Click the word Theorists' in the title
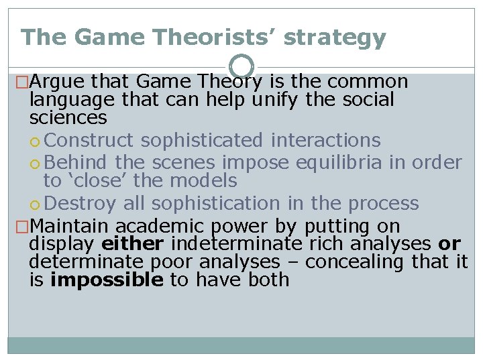pyautogui.click(x=215, y=38)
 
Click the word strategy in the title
pyautogui.click(x=335, y=39)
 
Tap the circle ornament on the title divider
pyautogui.click(x=241, y=67)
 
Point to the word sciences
pyautogui.click(x=68, y=119)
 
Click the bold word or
pyautogui.click(x=449, y=244)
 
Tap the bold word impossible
pyautogui.click(x=107, y=280)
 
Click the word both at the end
pyautogui.click(x=268, y=280)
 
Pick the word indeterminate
pyautogui.click(x=238, y=244)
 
